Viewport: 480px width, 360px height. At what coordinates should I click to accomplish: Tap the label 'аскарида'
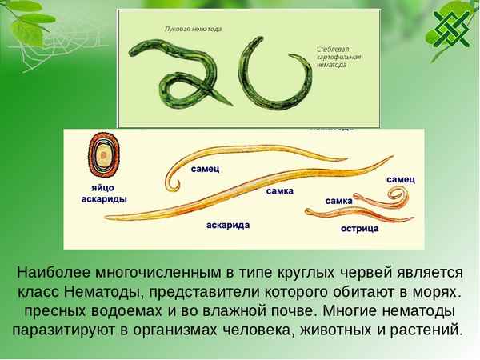(228, 226)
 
